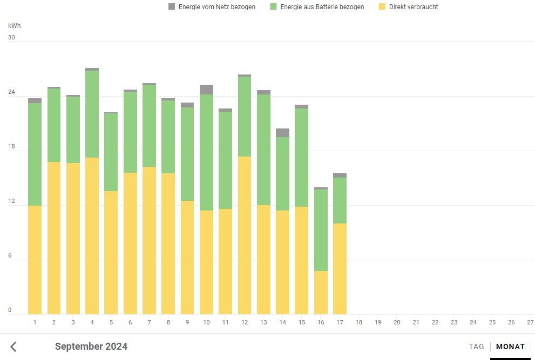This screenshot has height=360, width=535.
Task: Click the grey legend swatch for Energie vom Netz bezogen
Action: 172,7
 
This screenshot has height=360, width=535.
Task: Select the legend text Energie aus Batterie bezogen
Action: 322,7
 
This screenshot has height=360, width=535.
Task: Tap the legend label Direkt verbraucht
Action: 413,7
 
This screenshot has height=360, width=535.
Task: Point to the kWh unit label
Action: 15,26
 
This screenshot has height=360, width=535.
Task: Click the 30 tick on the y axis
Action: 11,38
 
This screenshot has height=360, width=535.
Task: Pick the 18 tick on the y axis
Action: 11,147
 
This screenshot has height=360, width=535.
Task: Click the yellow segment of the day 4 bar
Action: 92,236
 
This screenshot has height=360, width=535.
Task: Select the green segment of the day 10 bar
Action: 206,152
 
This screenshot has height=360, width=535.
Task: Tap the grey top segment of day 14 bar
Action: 282,133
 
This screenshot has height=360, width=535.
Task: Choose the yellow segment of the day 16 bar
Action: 321,293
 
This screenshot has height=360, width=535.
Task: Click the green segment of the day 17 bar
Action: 340,200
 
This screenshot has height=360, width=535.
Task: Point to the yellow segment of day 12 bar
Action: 245,235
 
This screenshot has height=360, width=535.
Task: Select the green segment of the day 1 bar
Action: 35,154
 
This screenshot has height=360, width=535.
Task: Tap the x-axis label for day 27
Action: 530,323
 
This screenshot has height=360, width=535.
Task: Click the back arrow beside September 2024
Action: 14,347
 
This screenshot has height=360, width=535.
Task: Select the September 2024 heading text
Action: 91,347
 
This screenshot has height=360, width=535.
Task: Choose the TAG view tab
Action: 476,347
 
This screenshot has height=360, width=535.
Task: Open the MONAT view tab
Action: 510,347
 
